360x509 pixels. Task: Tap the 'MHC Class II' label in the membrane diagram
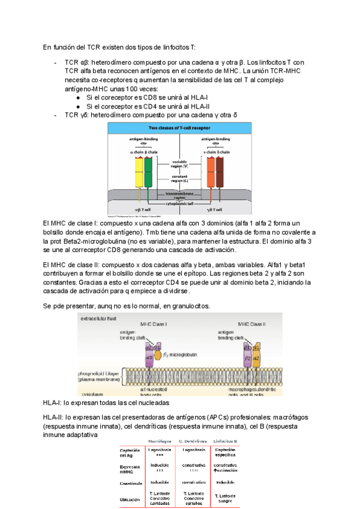coord(252,324)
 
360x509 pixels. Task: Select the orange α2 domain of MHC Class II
coord(256,358)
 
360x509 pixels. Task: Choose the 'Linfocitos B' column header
coord(226,442)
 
